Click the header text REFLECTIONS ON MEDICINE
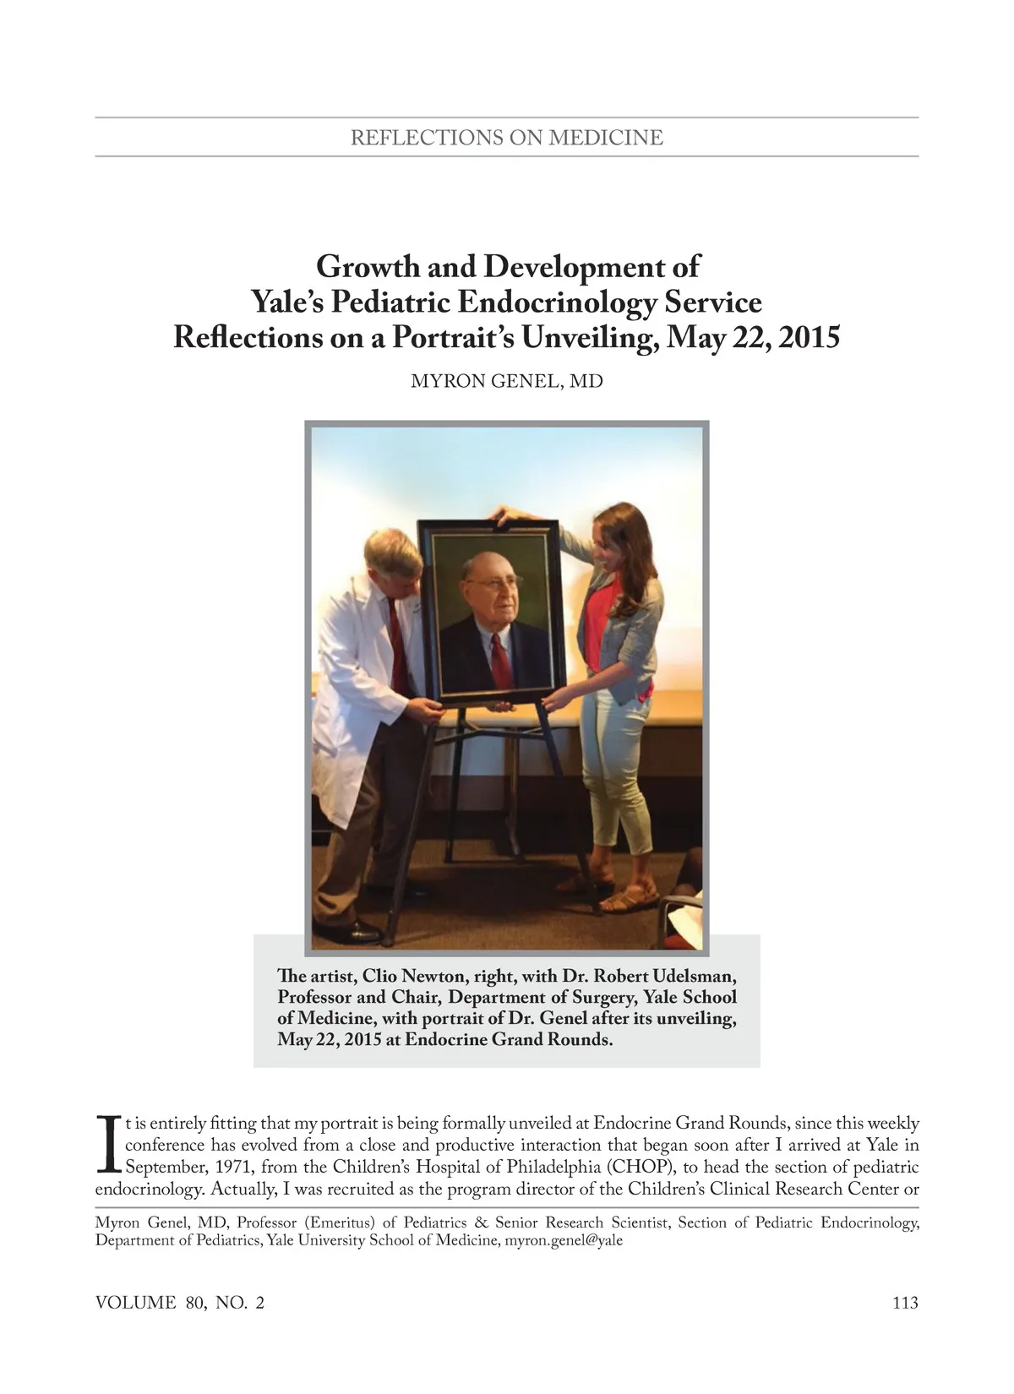tap(507, 138)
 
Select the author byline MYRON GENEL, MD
tap(506, 381)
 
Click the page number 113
tap(904, 1303)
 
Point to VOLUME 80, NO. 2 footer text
tap(180, 1303)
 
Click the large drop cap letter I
tap(107, 1145)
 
